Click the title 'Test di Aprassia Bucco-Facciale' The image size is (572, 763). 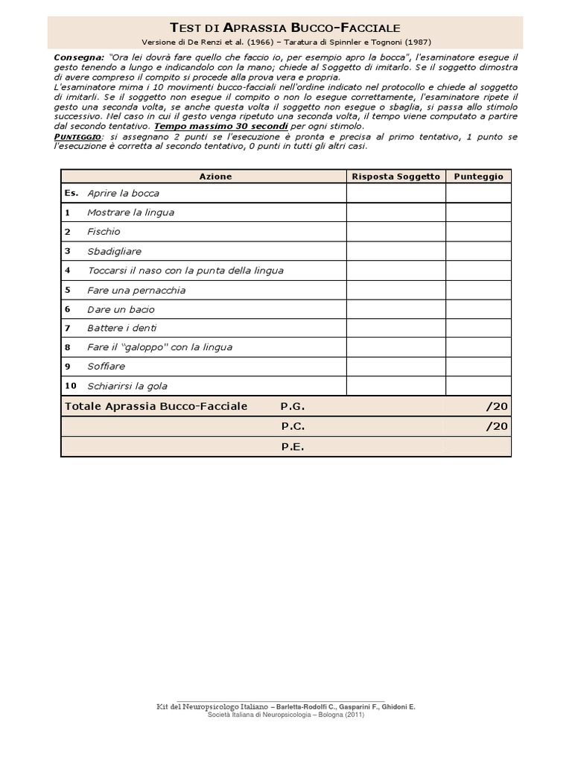tap(285, 28)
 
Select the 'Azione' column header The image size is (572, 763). tap(215, 177)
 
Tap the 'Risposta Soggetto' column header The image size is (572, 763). tap(395, 177)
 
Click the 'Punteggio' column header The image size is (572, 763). tap(478, 177)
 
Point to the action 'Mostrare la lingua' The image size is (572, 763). tap(130, 212)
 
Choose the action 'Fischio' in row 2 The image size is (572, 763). tap(104, 232)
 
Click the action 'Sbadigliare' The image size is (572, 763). tap(114, 251)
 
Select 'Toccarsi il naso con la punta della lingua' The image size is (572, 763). tap(185, 270)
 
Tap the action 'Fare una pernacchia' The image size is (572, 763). tap(136, 290)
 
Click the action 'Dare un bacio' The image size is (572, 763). tap(121, 309)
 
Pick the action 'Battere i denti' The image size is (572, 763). tap(122, 328)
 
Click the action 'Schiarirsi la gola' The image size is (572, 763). tap(127, 386)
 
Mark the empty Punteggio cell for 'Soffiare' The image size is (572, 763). tap(478, 367)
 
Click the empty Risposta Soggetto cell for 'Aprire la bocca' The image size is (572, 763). tap(395, 193)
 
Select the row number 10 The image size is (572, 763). tap(71, 386)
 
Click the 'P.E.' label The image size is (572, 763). tap(293, 447)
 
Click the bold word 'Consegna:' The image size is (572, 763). tap(79, 57)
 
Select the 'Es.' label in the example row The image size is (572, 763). tap(71, 193)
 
